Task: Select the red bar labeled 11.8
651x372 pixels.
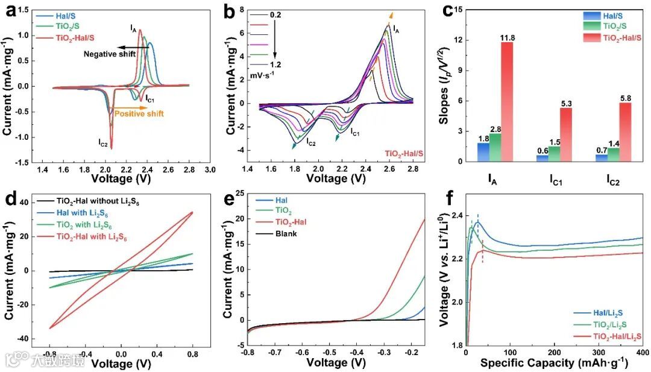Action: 517,102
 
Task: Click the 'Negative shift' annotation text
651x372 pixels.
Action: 109,54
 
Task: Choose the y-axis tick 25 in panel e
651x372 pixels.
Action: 239,193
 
